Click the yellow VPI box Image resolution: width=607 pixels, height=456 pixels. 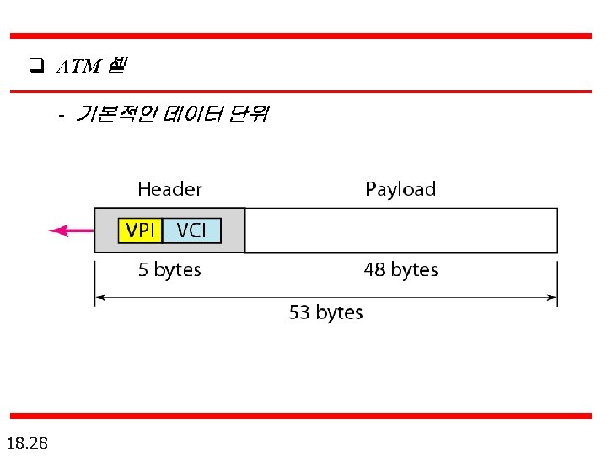click(x=140, y=231)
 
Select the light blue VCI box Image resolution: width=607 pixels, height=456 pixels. click(x=191, y=231)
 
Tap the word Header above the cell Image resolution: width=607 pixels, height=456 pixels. click(x=169, y=189)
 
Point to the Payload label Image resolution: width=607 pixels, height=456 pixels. click(x=400, y=189)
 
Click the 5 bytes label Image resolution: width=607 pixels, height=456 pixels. click(x=169, y=270)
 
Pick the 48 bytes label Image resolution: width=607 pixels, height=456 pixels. click(x=400, y=270)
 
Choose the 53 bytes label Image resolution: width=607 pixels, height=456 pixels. click(x=325, y=312)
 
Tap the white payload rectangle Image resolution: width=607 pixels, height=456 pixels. click(x=400, y=231)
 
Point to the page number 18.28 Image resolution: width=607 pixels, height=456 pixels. click(x=26, y=442)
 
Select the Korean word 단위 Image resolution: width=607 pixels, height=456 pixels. click(x=247, y=114)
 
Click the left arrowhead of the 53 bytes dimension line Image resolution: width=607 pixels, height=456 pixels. click(x=99, y=298)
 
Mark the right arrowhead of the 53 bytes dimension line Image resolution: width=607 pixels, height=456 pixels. click(x=553, y=298)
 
